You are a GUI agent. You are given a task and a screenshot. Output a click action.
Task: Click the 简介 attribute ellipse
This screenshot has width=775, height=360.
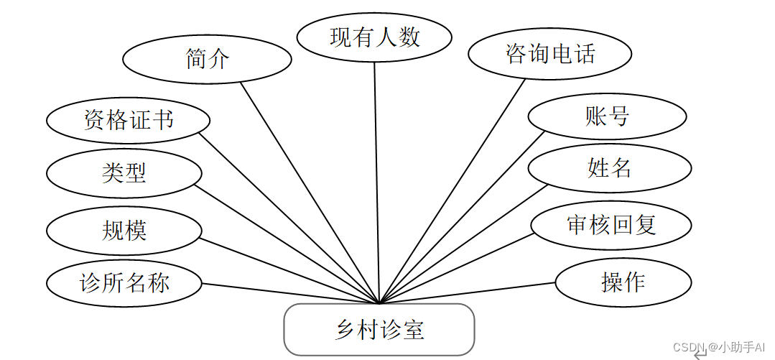[207, 60]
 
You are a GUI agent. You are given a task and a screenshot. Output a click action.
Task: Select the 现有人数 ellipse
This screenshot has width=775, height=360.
[374, 37]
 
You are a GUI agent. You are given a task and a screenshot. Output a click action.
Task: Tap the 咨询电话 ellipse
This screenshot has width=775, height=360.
[550, 54]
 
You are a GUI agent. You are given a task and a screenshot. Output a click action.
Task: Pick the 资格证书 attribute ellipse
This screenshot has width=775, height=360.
[129, 119]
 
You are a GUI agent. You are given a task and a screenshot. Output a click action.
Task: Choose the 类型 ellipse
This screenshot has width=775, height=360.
[124, 172]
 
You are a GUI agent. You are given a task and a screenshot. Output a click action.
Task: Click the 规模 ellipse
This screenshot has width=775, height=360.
[124, 231]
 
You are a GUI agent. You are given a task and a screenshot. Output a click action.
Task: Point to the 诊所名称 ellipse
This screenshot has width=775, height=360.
[124, 282]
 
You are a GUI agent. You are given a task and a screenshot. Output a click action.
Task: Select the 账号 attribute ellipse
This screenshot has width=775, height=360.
[607, 116]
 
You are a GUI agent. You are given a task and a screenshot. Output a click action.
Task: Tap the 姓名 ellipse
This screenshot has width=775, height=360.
[609, 169]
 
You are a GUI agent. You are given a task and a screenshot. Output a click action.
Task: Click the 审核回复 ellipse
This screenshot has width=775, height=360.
[611, 225]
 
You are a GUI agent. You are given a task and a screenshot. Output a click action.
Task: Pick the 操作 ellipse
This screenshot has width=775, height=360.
[623, 282]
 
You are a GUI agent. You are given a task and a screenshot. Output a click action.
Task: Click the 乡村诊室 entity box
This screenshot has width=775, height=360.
[379, 330]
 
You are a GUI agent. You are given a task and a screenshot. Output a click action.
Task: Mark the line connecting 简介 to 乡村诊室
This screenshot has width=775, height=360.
[309, 192]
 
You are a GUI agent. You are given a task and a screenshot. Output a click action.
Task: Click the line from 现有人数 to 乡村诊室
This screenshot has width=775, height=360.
[376, 180]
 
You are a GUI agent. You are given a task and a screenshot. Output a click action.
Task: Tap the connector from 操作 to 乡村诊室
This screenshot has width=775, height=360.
[467, 292]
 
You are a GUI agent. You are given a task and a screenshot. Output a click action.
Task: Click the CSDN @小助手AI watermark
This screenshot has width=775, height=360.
[719, 347]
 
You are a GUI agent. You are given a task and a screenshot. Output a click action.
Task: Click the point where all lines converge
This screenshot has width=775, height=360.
[379, 303]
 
